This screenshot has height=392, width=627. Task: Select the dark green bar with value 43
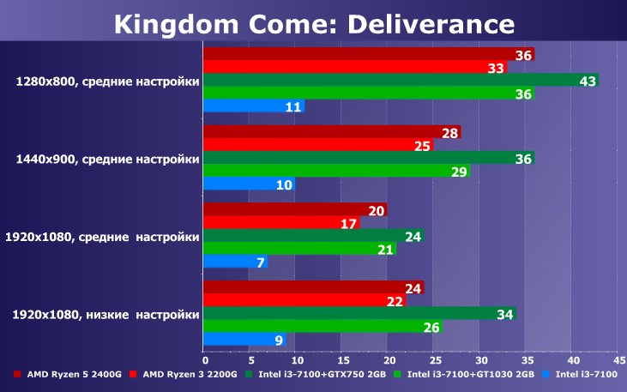[400, 81]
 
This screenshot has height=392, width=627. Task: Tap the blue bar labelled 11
[253, 107]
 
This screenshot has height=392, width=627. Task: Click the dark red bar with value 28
[331, 132]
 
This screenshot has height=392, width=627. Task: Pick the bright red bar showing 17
[281, 224]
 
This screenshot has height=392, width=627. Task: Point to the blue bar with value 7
[235, 261]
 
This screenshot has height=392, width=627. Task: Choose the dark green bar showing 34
[359, 314]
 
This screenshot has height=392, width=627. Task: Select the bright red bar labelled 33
[354, 68]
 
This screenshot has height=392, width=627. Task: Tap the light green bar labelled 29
[335, 172]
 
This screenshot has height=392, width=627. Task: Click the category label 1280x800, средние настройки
[107, 82]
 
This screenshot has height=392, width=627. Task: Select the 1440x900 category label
[107, 160]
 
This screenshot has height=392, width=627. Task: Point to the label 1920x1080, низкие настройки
[106, 315]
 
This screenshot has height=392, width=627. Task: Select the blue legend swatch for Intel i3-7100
[547, 374]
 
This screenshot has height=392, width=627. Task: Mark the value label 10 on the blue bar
[285, 185]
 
